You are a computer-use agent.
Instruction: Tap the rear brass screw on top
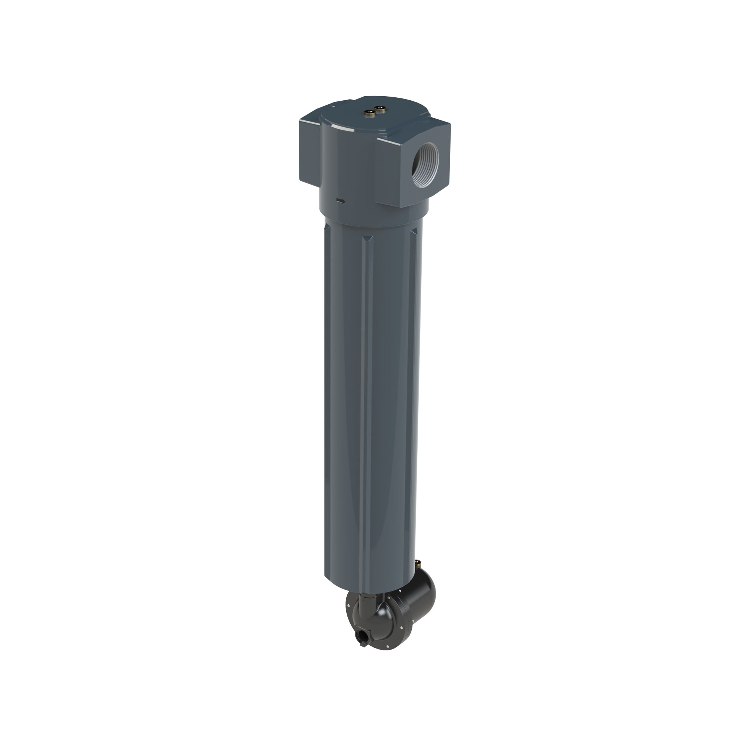380,109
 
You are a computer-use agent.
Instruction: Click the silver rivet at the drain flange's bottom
388,646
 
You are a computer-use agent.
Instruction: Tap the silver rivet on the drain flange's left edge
348,605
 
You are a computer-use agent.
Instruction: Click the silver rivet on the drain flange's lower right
402,628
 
